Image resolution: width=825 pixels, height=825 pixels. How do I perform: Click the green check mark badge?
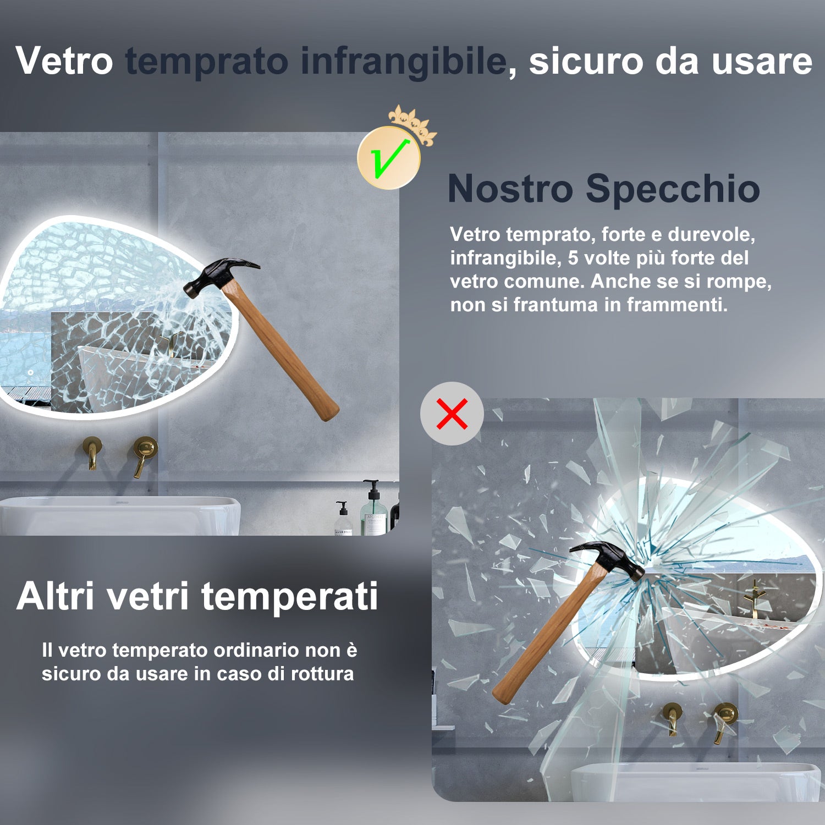click(x=389, y=158)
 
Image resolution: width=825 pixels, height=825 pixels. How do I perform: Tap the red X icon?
click(x=452, y=414)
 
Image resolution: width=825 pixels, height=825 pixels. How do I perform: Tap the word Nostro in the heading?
click(x=510, y=189)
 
